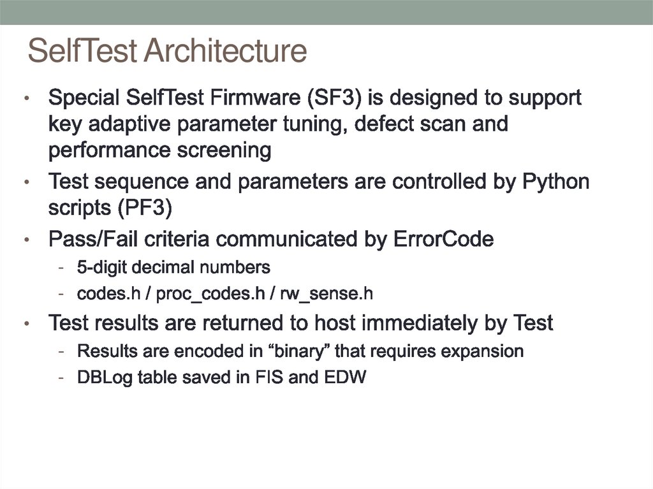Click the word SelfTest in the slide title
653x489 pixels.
[84, 51]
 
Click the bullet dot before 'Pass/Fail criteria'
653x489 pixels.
[27, 241]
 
